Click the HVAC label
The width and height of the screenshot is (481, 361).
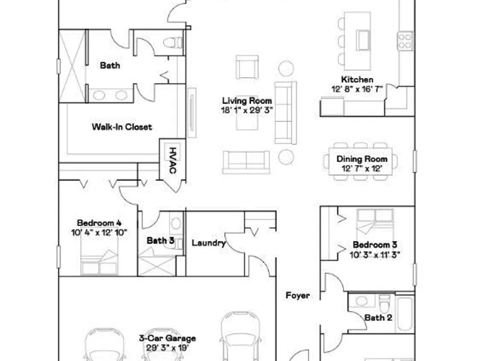tap(173, 160)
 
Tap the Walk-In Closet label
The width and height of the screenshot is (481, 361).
tap(122, 127)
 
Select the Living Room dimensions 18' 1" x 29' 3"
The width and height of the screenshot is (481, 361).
tap(247, 110)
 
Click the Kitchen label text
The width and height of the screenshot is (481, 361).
tap(357, 79)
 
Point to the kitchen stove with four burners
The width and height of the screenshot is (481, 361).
tap(405, 41)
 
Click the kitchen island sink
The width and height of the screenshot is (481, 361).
tap(363, 40)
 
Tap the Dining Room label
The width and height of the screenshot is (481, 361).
tap(362, 159)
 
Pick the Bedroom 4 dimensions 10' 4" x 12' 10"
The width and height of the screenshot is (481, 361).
tap(99, 232)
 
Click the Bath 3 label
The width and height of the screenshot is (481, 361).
tap(160, 241)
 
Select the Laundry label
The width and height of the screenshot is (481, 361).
tap(209, 243)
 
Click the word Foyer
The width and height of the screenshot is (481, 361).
tap(298, 296)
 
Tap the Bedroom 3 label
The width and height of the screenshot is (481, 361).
tap(375, 245)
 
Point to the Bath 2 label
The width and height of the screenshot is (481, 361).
tap(378, 318)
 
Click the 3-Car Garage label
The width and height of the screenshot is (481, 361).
tap(167, 338)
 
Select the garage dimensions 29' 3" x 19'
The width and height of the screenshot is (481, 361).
tap(167, 348)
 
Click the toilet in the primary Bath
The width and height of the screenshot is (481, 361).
tap(173, 42)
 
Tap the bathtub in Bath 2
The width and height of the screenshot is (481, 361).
tap(405, 314)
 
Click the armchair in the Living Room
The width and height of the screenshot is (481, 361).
tap(247, 67)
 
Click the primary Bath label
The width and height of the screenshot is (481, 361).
tap(110, 65)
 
